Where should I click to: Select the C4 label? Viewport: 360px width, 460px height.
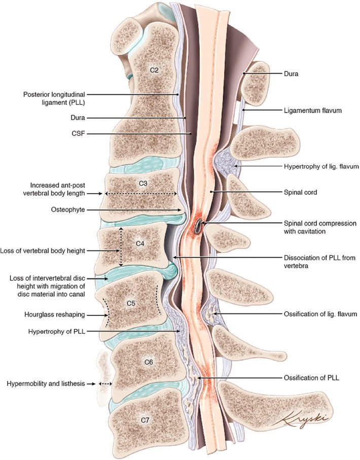click(140, 243)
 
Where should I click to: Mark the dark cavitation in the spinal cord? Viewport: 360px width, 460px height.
click(198, 226)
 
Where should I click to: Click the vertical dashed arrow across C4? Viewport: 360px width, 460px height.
click(121, 247)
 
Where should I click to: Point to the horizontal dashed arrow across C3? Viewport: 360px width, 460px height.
click(141, 193)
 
